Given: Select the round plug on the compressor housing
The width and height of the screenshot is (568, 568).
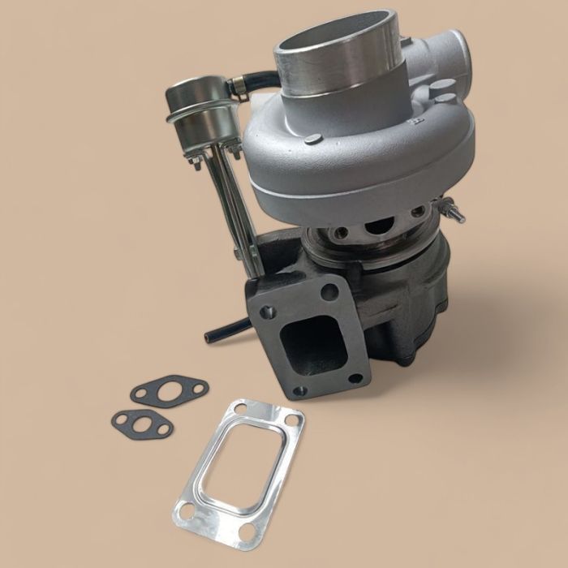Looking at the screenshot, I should coord(313,140).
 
